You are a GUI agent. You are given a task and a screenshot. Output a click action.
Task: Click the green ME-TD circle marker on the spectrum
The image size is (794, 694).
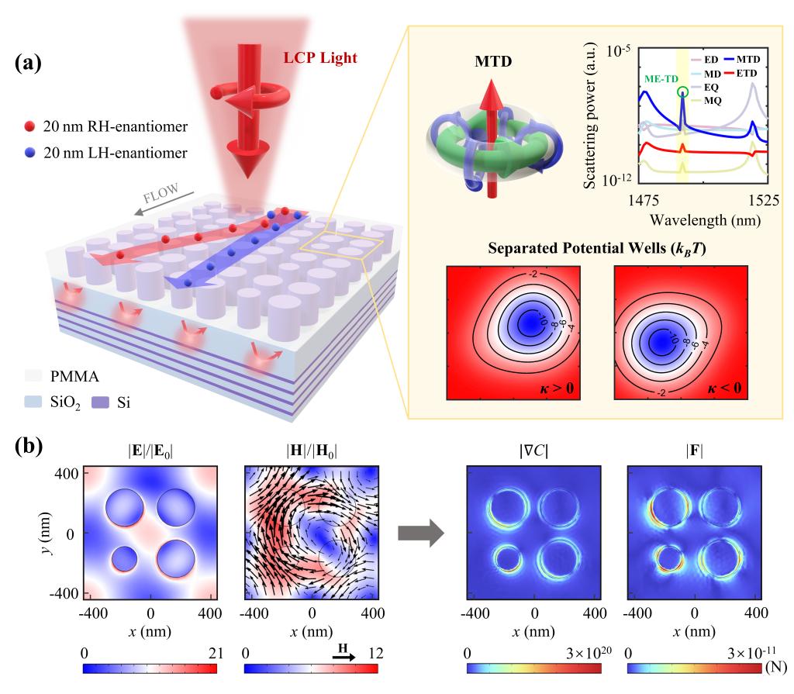pyautogui.click(x=682, y=92)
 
